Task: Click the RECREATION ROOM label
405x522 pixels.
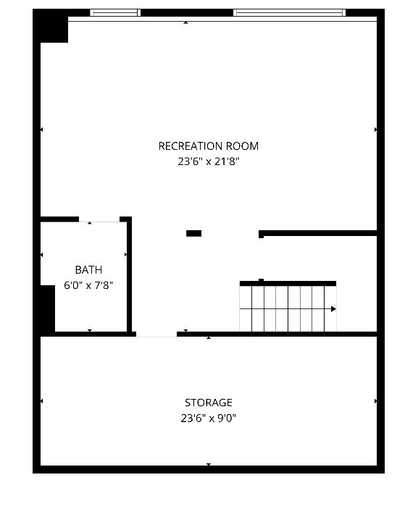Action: click(208, 146)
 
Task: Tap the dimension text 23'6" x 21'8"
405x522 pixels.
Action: click(208, 162)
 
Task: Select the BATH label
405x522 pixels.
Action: click(88, 270)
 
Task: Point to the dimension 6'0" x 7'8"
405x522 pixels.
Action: click(88, 285)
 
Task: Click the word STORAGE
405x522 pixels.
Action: click(208, 403)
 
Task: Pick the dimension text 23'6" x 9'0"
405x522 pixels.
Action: click(208, 418)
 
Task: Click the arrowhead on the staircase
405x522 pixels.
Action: click(333, 309)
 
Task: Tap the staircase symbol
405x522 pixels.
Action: click(288, 308)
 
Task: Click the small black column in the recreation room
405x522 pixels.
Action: click(193, 233)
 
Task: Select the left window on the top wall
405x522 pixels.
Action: click(114, 12)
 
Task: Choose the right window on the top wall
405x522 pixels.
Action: click(288, 12)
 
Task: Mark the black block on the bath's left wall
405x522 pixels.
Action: click(47, 308)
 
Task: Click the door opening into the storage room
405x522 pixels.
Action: click(156, 334)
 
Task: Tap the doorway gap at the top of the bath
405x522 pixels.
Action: click(99, 219)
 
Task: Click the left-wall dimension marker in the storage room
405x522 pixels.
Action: click(41, 401)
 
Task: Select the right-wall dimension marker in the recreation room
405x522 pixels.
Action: click(376, 130)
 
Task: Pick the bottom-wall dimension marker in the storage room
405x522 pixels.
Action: click(209, 465)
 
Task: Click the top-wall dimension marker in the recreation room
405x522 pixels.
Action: click(186, 22)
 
